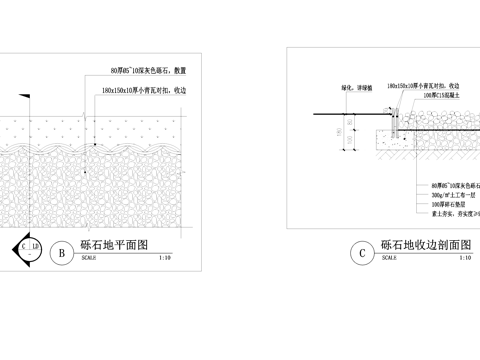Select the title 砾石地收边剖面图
(426, 244)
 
